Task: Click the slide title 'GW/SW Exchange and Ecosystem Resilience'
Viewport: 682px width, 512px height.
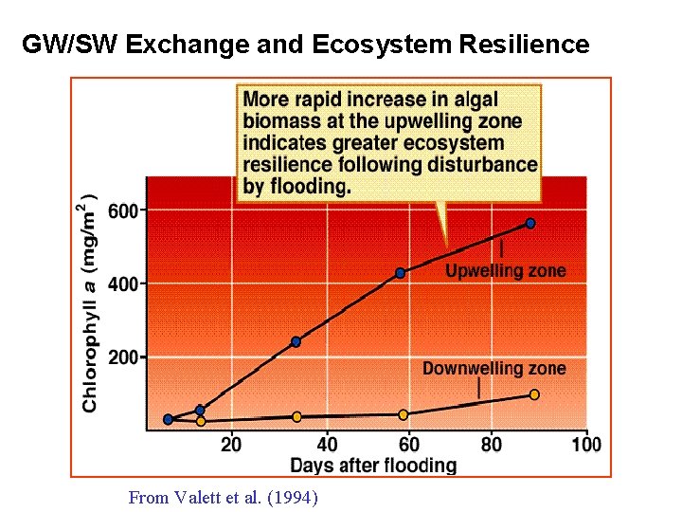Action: (305, 44)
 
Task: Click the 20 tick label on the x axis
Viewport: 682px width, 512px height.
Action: (230, 444)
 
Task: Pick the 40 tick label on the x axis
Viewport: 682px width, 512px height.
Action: (327, 444)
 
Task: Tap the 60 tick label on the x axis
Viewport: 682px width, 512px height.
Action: (408, 444)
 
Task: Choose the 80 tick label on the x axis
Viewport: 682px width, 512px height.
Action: (493, 444)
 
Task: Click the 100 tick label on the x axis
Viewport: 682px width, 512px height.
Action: (586, 444)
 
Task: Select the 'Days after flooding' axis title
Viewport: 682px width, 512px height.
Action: (372, 466)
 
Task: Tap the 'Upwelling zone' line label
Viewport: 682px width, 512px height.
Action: (505, 270)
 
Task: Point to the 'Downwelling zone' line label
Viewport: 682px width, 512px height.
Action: (494, 368)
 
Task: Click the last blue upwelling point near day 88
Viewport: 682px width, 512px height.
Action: (530, 223)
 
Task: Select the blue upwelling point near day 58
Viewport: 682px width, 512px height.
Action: (401, 272)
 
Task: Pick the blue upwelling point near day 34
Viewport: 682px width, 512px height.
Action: (296, 341)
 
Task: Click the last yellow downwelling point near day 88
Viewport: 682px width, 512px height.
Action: (534, 394)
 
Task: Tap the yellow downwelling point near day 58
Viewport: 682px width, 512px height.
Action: (403, 414)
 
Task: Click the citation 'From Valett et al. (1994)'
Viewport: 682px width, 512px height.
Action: (223, 497)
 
